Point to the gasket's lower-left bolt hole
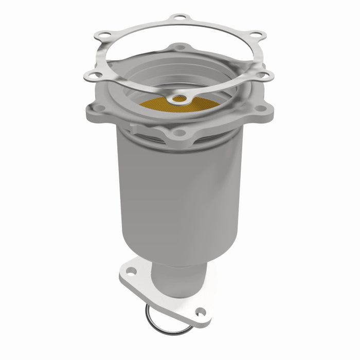[94, 75]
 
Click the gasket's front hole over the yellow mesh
[179, 98]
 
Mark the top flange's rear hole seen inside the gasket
[179, 47]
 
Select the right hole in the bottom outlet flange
[201, 311]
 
